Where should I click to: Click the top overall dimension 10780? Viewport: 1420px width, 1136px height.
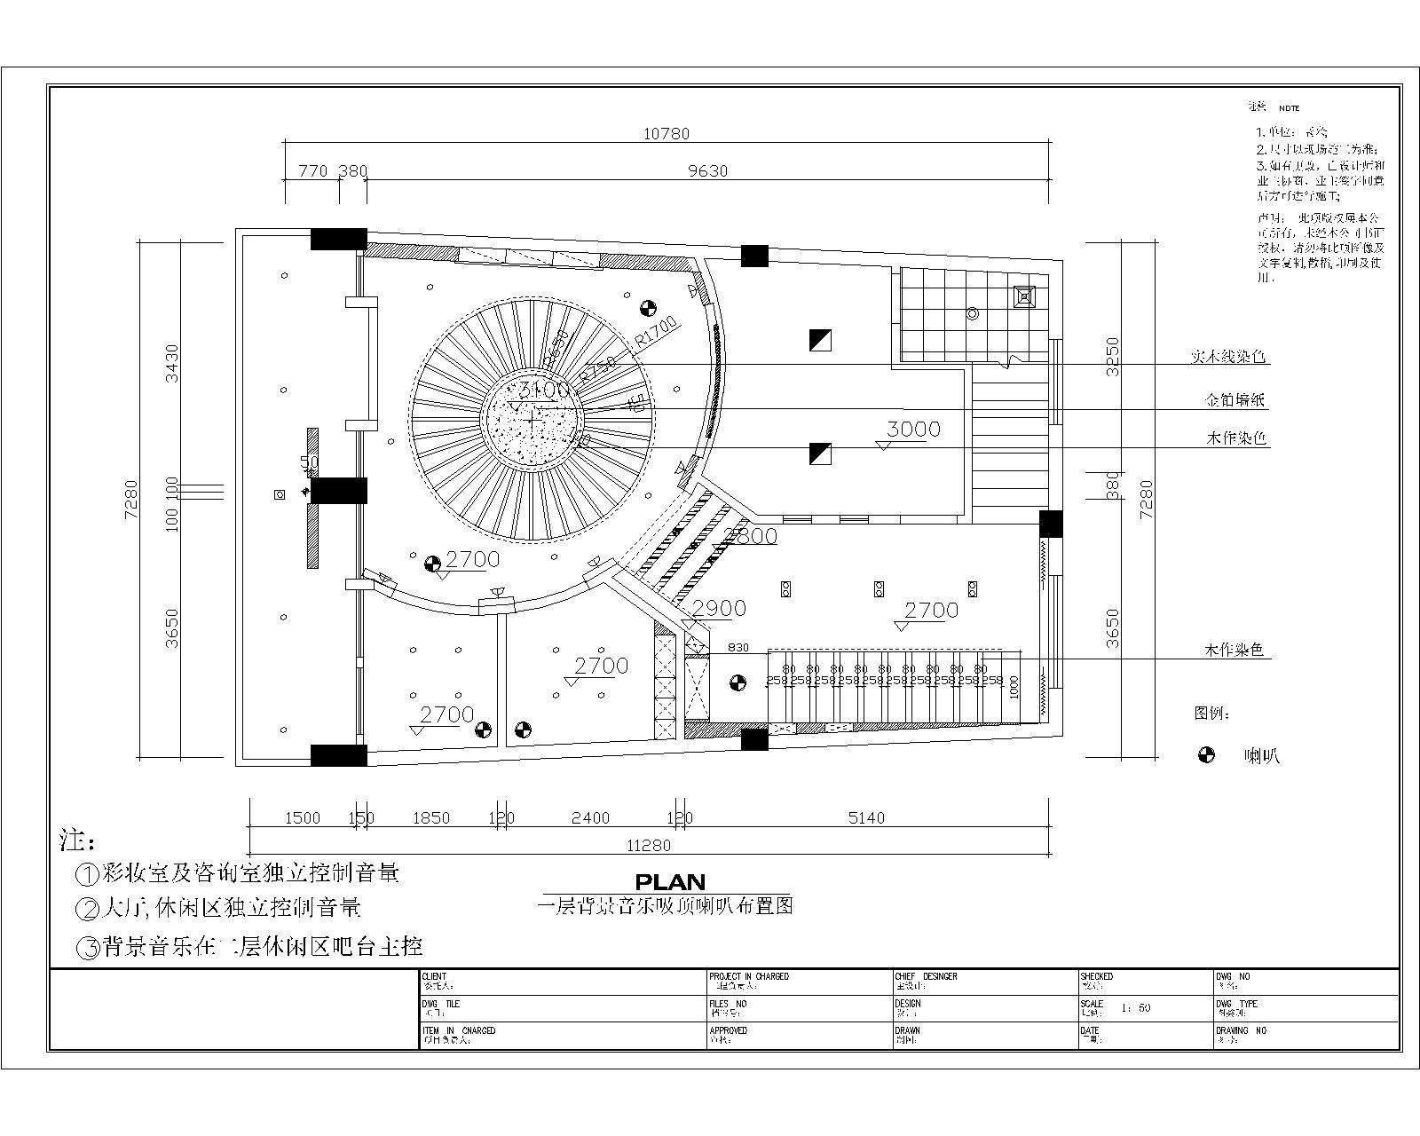(666, 134)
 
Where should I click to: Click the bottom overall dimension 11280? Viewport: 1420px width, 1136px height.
(649, 846)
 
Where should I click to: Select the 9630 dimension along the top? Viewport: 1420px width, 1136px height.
(707, 171)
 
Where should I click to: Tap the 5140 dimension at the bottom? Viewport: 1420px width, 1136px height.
(865, 818)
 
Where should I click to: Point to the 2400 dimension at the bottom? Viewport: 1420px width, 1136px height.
(589, 818)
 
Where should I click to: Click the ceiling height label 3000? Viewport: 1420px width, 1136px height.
(913, 430)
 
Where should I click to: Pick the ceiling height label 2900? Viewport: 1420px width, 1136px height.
(719, 608)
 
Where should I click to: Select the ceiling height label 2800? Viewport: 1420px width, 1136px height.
(750, 536)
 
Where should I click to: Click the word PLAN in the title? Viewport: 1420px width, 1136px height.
(670, 882)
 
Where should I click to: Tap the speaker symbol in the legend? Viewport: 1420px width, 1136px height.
(1206, 755)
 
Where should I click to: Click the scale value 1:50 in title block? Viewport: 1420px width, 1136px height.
(1135, 1008)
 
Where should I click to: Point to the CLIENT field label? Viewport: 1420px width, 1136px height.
(435, 976)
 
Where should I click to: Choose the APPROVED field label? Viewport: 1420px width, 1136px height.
(728, 1030)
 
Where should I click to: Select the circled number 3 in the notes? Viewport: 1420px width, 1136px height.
(89, 948)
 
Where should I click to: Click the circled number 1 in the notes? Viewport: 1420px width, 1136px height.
(87, 874)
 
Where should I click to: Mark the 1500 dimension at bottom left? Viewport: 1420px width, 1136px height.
(302, 818)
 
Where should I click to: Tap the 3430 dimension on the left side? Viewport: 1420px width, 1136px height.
(172, 363)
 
